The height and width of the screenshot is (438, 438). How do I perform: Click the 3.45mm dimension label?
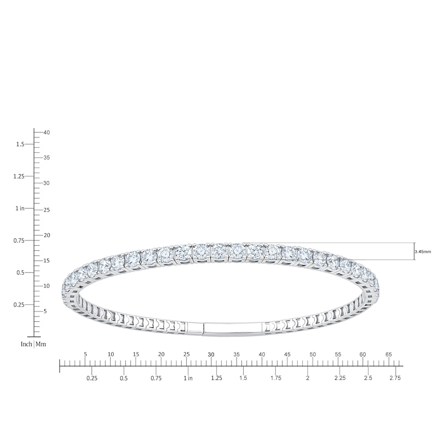click(423, 252)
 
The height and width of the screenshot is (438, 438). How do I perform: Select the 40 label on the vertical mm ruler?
click(47, 132)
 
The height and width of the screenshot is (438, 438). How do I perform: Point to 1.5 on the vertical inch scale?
click(20, 144)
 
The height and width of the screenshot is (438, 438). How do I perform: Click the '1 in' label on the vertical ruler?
click(20, 209)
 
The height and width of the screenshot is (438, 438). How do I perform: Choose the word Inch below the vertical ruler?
click(26, 344)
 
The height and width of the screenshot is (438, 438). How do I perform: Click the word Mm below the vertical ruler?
click(41, 344)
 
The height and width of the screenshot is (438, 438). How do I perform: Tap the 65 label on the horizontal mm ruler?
click(389, 354)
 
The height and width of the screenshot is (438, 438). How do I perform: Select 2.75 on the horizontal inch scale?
click(395, 378)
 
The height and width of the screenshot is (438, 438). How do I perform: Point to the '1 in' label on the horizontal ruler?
click(188, 378)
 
